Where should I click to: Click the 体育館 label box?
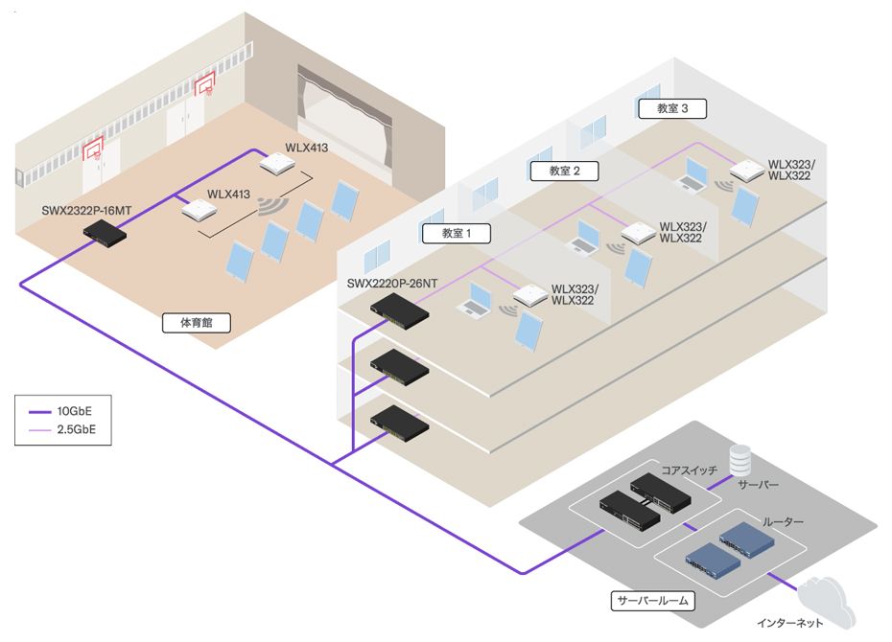pyautogui.click(x=197, y=323)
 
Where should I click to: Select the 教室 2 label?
pyautogui.click(x=565, y=171)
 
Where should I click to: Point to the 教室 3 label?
pyautogui.click(x=672, y=108)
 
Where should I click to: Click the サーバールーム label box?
pyautogui.click(x=653, y=601)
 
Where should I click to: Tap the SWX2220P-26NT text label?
pyautogui.click(x=392, y=283)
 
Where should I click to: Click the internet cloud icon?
pyautogui.click(x=819, y=601)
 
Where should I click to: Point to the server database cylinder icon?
pyautogui.click(x=739, y=459)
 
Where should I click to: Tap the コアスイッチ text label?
pyautogui.click(x=688, y=470)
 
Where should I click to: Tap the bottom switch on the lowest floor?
pyautogui.click(x=400, y=421)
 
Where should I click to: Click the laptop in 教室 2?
pyautogui.click(x=584, y=238)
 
